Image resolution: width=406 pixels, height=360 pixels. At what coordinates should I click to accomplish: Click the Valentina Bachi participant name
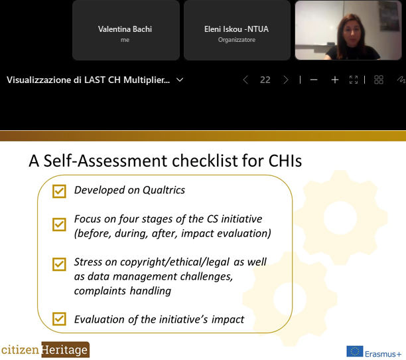[x=125, y=29]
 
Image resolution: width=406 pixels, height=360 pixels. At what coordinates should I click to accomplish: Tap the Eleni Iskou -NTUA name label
[x=236, y=29]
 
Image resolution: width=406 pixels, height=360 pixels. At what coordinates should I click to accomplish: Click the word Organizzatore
[x=237, y=40]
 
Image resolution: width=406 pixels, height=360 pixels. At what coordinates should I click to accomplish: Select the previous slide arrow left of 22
[x=245, y=80]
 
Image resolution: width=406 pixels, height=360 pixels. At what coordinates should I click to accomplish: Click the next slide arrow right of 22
[x=286, y=80]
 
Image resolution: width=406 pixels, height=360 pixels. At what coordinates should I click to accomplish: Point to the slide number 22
[x=265, y=80]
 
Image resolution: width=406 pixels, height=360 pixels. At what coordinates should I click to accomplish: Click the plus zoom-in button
[x=335, y=80]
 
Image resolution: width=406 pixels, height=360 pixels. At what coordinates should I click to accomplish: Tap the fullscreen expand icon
[x=354, y=80]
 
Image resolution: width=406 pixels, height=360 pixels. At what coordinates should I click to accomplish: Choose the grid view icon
[x=379, y=80]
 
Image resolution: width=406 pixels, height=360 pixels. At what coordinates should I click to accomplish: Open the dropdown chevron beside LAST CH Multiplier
[x=180, y=80]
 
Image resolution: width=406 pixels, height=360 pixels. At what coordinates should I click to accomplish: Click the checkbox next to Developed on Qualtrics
[x=59, y=191]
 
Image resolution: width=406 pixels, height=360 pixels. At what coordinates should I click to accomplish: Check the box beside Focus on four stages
[x=59, y=225]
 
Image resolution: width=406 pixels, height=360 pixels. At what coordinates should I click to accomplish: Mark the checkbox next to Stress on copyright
[x=59, y=264]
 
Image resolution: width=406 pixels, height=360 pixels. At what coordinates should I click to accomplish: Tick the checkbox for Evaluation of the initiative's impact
[x=59, y=319]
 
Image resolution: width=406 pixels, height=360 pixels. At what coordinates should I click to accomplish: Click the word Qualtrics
[x=164, y=190]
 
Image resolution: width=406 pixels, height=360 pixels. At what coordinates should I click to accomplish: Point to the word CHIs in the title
[x=285, y=161]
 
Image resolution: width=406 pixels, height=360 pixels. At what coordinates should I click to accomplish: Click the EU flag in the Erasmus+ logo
[x=355, y=352]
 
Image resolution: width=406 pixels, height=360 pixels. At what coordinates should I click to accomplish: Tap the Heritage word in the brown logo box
[x=65, y=350]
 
